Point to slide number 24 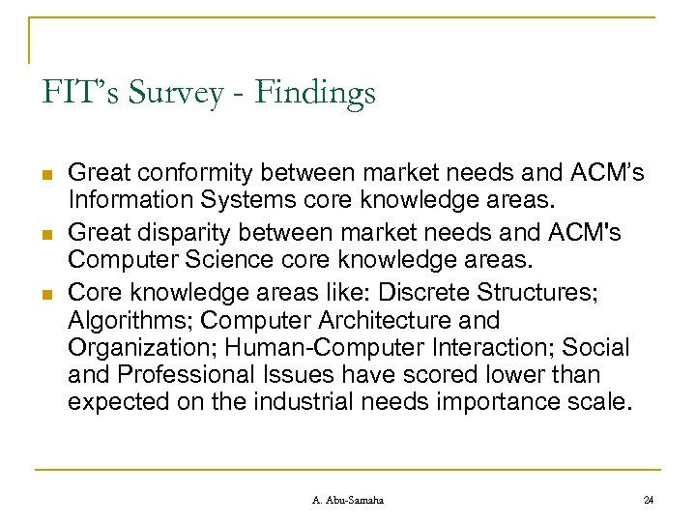coord(649,499)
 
